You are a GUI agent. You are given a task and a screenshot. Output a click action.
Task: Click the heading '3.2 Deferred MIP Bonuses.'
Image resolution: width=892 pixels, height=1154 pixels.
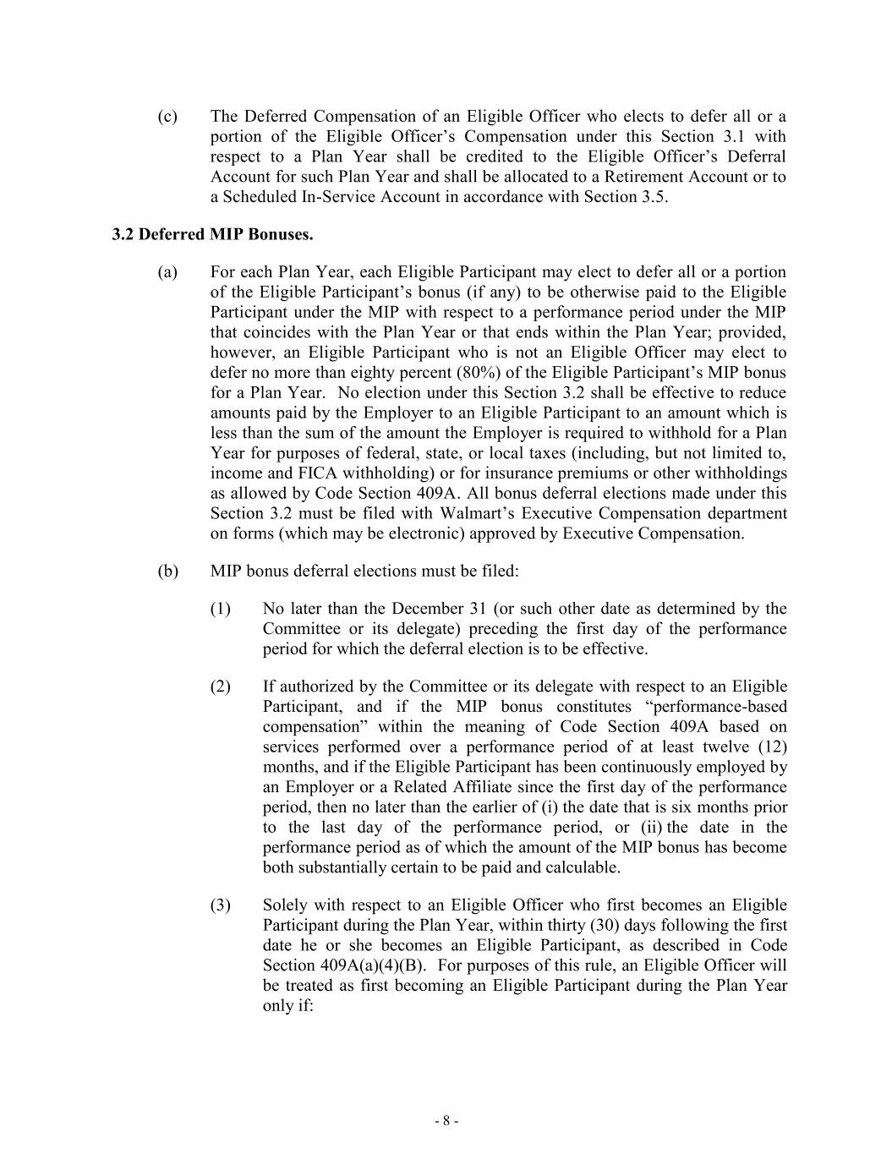click(212, 235)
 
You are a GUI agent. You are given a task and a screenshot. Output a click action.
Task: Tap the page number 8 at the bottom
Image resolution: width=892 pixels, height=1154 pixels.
click(446, 1121)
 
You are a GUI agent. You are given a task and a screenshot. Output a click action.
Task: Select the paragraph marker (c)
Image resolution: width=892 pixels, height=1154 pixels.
click(167, 117)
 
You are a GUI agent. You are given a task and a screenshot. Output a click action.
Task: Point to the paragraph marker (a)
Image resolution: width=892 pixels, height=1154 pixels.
click(167, 272)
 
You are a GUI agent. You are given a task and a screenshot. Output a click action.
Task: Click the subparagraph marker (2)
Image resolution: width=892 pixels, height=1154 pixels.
click(221, 686)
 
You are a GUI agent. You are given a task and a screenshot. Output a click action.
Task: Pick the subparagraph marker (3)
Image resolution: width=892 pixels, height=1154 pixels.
click(221, 905)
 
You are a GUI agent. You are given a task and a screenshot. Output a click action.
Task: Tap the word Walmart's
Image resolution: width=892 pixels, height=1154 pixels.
click(477, 514)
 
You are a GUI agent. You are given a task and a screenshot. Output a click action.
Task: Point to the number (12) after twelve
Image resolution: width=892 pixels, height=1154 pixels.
click(771, 747)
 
